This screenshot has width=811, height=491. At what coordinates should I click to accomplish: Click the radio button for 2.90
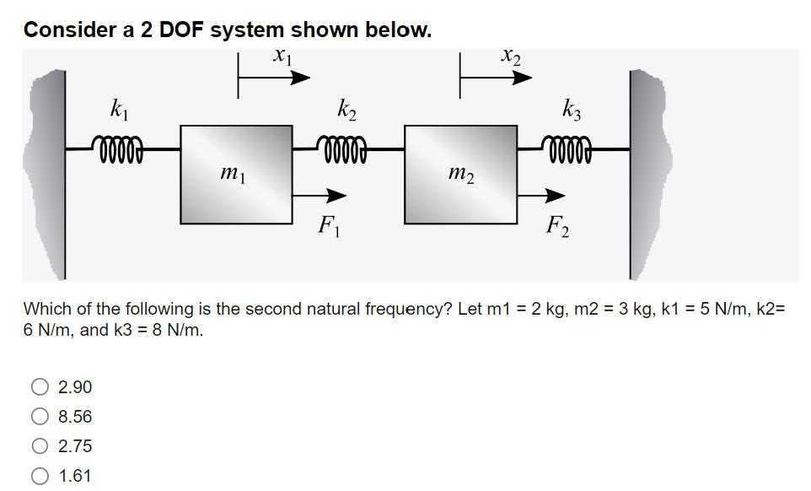tap(39, 387)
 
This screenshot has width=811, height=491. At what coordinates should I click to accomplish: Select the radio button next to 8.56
tap(39, 417)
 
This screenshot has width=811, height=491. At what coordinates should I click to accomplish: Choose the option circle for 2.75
tap(39, 446)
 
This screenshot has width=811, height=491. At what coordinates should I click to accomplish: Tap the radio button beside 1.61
tap(39, 476)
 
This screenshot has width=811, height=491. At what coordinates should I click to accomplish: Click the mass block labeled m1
tap(236, 174)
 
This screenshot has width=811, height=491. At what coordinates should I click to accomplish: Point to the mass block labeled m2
tap(460, 174)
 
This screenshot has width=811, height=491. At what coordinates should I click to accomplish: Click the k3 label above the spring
tap(571, 110)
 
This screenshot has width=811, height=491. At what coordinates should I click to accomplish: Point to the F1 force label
tap(326, 226)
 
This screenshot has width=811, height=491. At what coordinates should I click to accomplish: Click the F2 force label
tap(556, 226)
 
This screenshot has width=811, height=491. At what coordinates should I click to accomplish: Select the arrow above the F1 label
tap(320, 196)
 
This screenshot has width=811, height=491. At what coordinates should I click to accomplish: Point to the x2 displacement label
tap(510, 57)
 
